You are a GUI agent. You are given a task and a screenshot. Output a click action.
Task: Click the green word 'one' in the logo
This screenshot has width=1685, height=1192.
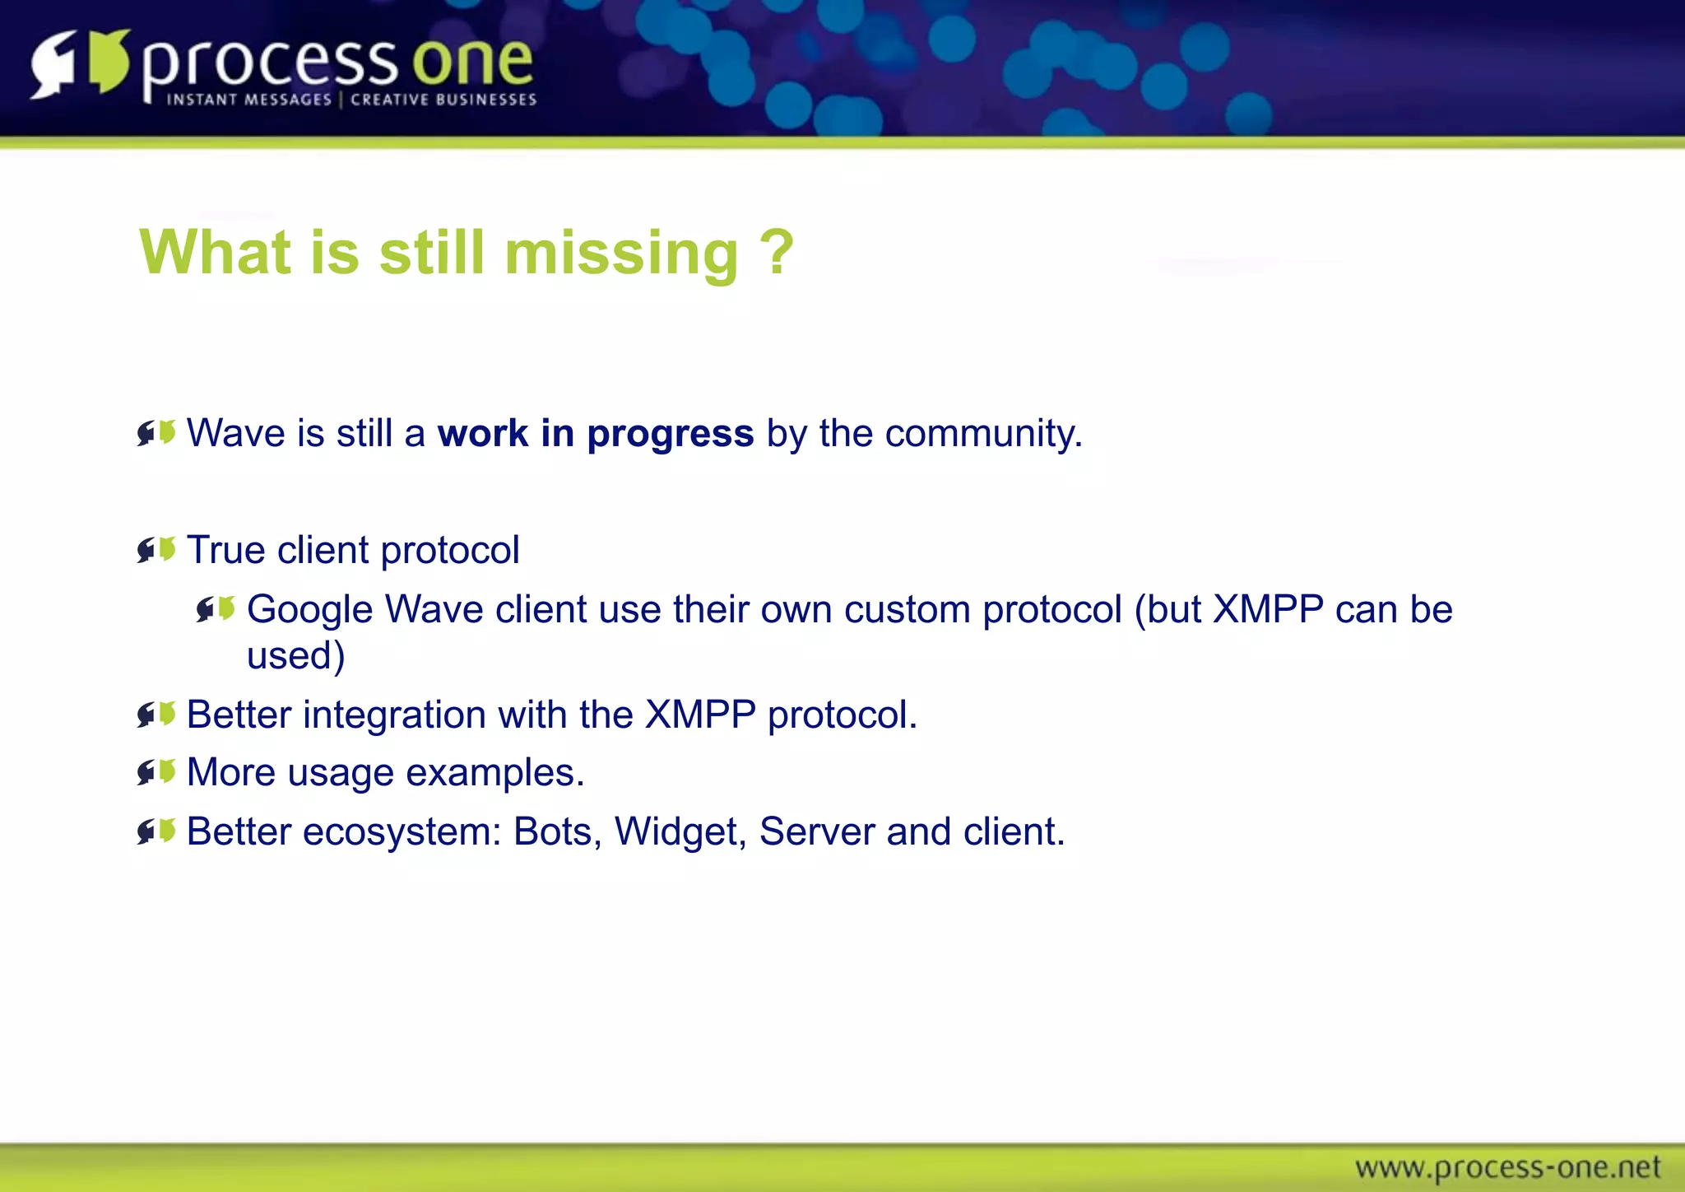coord(472,63)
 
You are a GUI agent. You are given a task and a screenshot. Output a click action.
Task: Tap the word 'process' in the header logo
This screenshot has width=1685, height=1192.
coord(270,66)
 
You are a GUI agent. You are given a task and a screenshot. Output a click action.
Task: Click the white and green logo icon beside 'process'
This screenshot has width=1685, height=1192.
coord(81,63)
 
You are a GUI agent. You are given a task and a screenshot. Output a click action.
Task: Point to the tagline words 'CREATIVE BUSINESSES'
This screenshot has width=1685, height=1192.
coord(443,100)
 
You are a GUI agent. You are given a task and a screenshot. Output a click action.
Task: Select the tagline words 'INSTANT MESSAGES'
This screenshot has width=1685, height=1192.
coord(248,100)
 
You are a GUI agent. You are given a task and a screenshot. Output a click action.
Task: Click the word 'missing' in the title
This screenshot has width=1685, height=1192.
coord(621,254)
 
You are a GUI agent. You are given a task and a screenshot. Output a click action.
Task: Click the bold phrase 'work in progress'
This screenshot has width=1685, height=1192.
coord(595,433)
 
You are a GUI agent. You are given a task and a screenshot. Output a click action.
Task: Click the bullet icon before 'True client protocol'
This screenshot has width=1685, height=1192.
coord(156,549)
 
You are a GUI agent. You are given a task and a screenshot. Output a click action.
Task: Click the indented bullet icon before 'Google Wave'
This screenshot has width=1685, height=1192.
coord(216,609)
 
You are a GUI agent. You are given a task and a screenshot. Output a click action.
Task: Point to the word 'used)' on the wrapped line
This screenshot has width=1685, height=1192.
coord(295,656)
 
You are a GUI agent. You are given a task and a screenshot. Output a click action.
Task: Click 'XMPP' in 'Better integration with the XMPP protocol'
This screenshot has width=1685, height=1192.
coord(699,715)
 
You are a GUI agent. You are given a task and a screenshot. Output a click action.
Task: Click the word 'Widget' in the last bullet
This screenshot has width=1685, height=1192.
coord(675,831)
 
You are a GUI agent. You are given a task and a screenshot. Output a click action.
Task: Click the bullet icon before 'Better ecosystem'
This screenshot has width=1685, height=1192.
coord(156,831)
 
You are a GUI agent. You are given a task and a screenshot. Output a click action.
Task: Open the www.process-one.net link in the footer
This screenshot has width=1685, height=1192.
coord(1507,1167)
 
